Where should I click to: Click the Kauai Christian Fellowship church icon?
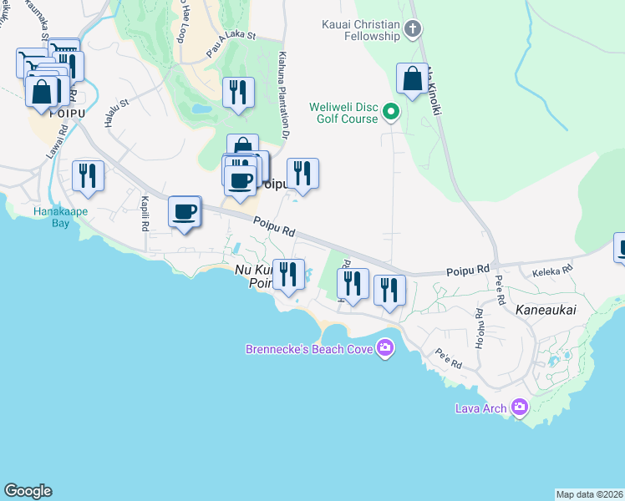(411, 30)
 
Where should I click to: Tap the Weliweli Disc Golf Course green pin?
(390, 112)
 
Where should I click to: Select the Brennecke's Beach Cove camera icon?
(384, 347)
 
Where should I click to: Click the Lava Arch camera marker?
(520, 407)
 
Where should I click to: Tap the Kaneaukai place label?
(546, 310)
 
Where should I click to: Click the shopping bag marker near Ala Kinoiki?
(412, 79)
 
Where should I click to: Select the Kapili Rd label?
(145, 214)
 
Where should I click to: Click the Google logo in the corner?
(28, 491)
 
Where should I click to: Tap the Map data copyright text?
(589, 493)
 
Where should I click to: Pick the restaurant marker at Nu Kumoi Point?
(288, 275)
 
